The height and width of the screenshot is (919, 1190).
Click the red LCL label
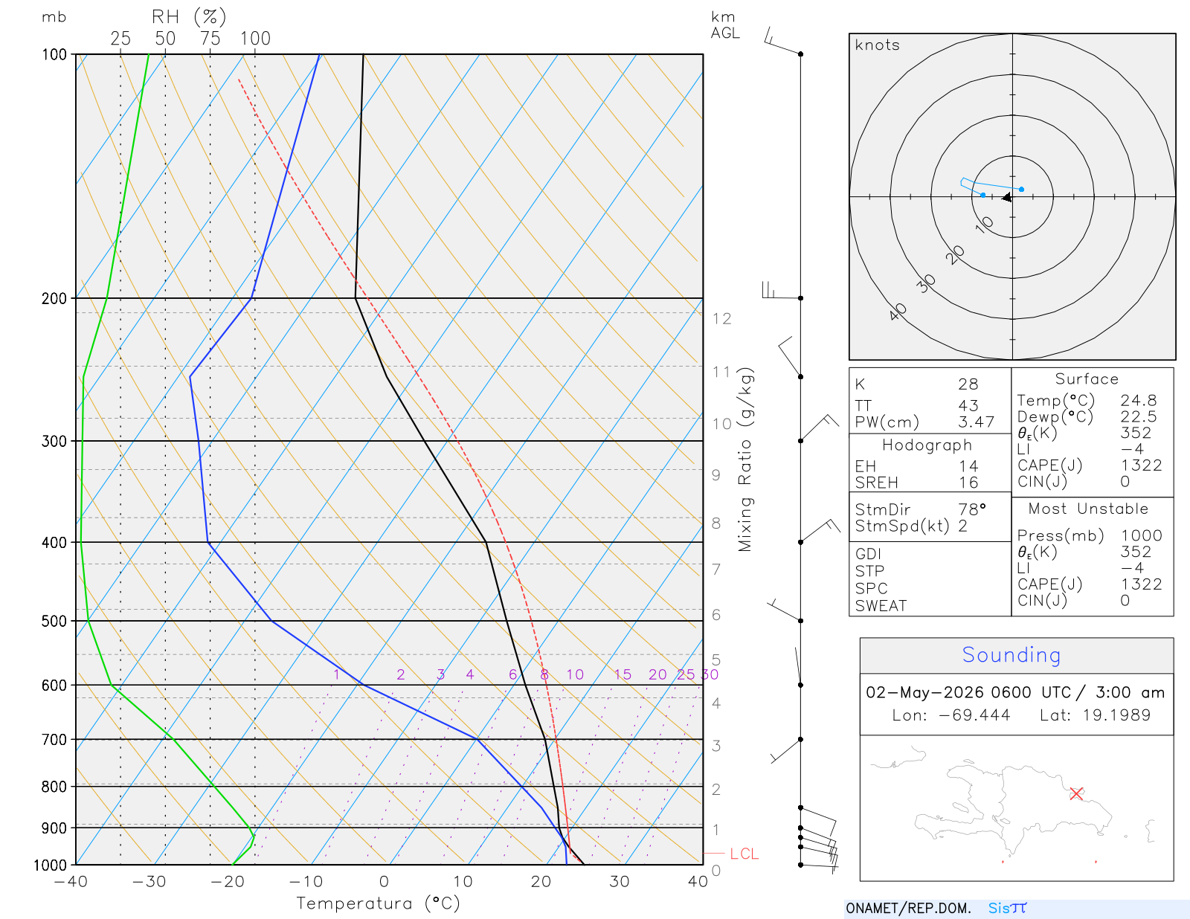744,854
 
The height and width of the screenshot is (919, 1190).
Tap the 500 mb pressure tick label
54,622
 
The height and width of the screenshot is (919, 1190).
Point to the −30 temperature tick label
149,882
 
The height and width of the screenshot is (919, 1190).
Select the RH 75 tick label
210,39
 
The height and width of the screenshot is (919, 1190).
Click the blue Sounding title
1011,655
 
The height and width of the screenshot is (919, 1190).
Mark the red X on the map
1076,793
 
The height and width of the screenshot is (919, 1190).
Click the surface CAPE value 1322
1141,465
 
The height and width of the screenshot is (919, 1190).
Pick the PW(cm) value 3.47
976,422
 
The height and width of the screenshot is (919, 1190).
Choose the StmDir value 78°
972,509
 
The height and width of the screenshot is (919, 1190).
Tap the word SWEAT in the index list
881,606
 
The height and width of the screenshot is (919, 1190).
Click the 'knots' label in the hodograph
878,45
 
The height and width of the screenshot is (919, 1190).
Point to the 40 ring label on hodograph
898,312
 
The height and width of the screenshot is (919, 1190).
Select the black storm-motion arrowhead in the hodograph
1006,197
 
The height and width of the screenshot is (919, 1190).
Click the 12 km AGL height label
721,318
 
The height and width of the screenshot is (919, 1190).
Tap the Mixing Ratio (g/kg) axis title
745,459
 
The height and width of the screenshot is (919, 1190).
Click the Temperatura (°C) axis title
378,903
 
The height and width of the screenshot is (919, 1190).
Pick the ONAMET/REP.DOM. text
909,908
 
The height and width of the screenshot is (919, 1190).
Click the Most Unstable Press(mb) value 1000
1141,535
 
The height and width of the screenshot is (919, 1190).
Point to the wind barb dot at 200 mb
800,298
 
